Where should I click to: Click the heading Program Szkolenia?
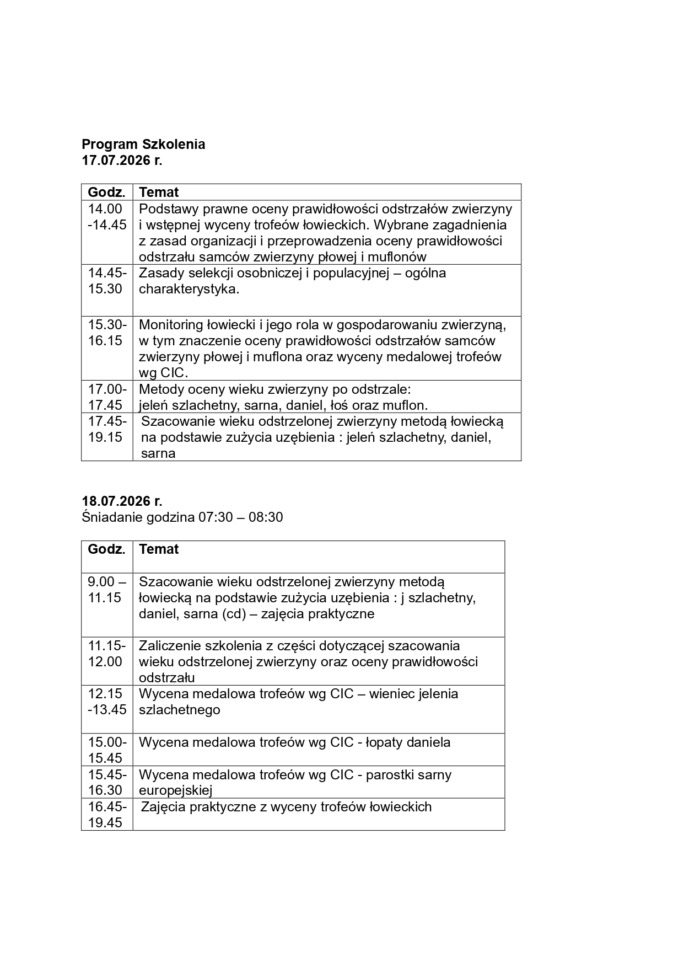click(x=143, y=145)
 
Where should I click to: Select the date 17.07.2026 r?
click(x=122, y=161)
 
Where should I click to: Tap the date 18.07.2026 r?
click(x=122, y=501)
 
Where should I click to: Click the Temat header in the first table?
click(x=159, y=192)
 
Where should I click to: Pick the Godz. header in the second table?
click(x=106, y=549)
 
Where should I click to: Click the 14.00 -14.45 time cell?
click(x=107, y=217)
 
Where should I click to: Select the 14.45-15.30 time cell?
click(x=107, y=281)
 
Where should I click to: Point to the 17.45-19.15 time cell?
click(x=107, y=429)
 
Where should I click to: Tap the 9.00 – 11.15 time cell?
click(x=107, y=590)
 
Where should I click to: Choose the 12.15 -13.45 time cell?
click(x=107, y=702)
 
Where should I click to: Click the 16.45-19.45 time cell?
click(x=107, y=815)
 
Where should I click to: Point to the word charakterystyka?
click(x=189, y=289)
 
